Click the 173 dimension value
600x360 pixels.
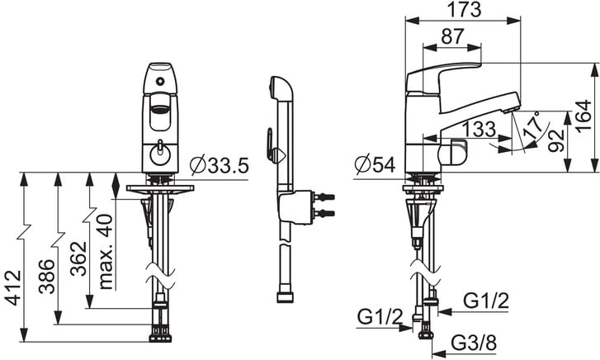pyautogui.click(x=464, y=9)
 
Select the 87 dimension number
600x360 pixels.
pyautogui.click(x=452, y=37)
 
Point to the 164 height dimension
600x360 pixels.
pyautogui.click(x=583, y=116)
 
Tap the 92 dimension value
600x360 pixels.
pyautogui.click(x=556, y=140)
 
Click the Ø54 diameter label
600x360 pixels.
pyautogui.click(x=375, y=164)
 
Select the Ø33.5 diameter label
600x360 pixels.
pyautogui.click(x=220, y=165)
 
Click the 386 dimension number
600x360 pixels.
pyautogui.click(x=47, y=277)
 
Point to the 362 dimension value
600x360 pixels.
pyautogui.click(x=78, y=258)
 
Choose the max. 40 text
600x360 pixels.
pyautogui.click(x=106, y=252)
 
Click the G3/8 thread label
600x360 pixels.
pyautogui.click(x=474, y=343)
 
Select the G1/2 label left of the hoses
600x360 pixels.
pyautogui.click(x=380, y=317)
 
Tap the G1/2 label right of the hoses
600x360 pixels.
pyautogui.click(x=486, y=301)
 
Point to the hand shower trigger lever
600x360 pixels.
pyautogui.click(x=271, y=144)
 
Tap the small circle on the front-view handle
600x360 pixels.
pyautogui.click(x=160, y=81)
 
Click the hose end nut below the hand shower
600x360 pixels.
pyautogui.click(x=285, y=297)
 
